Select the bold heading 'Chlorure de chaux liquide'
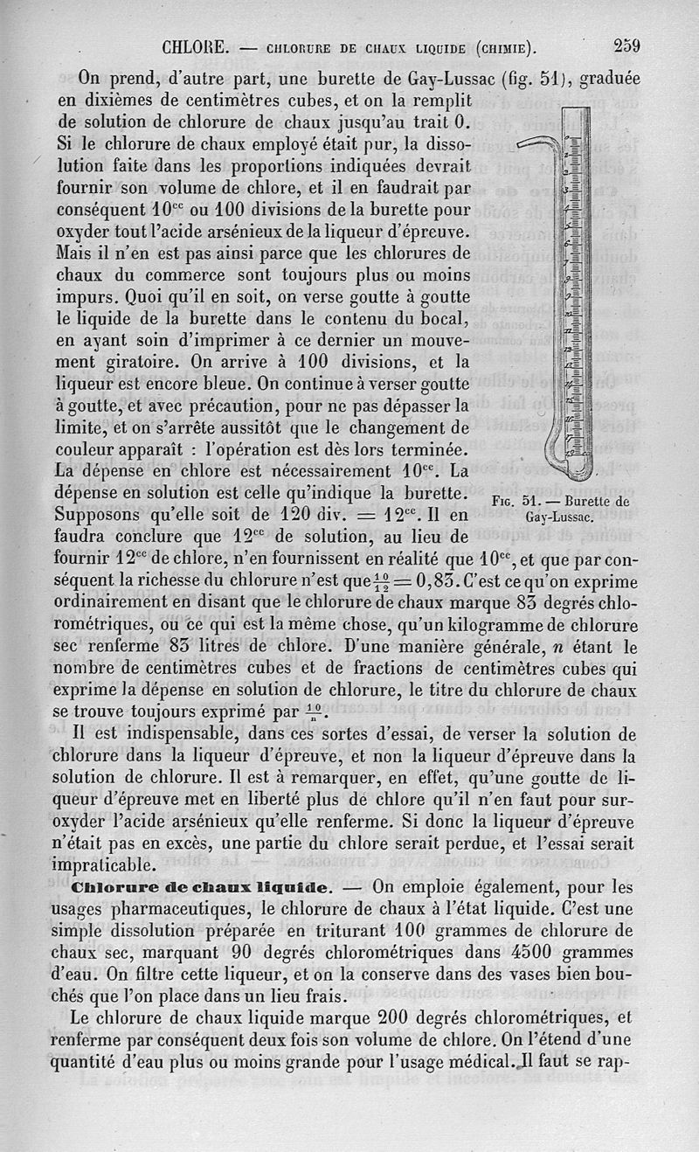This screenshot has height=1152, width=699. coord(204,886)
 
